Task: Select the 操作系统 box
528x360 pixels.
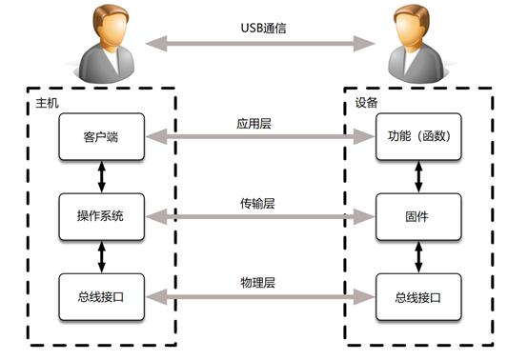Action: (x=101, y=218)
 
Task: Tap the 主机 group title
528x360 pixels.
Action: (x=34, y=101)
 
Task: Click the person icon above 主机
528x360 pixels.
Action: (x=104, y=43)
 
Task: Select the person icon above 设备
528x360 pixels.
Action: (x=416, y=43)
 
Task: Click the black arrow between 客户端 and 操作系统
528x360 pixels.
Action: (x=101, y=178)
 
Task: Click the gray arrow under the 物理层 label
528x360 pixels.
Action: (x=259, y=296)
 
